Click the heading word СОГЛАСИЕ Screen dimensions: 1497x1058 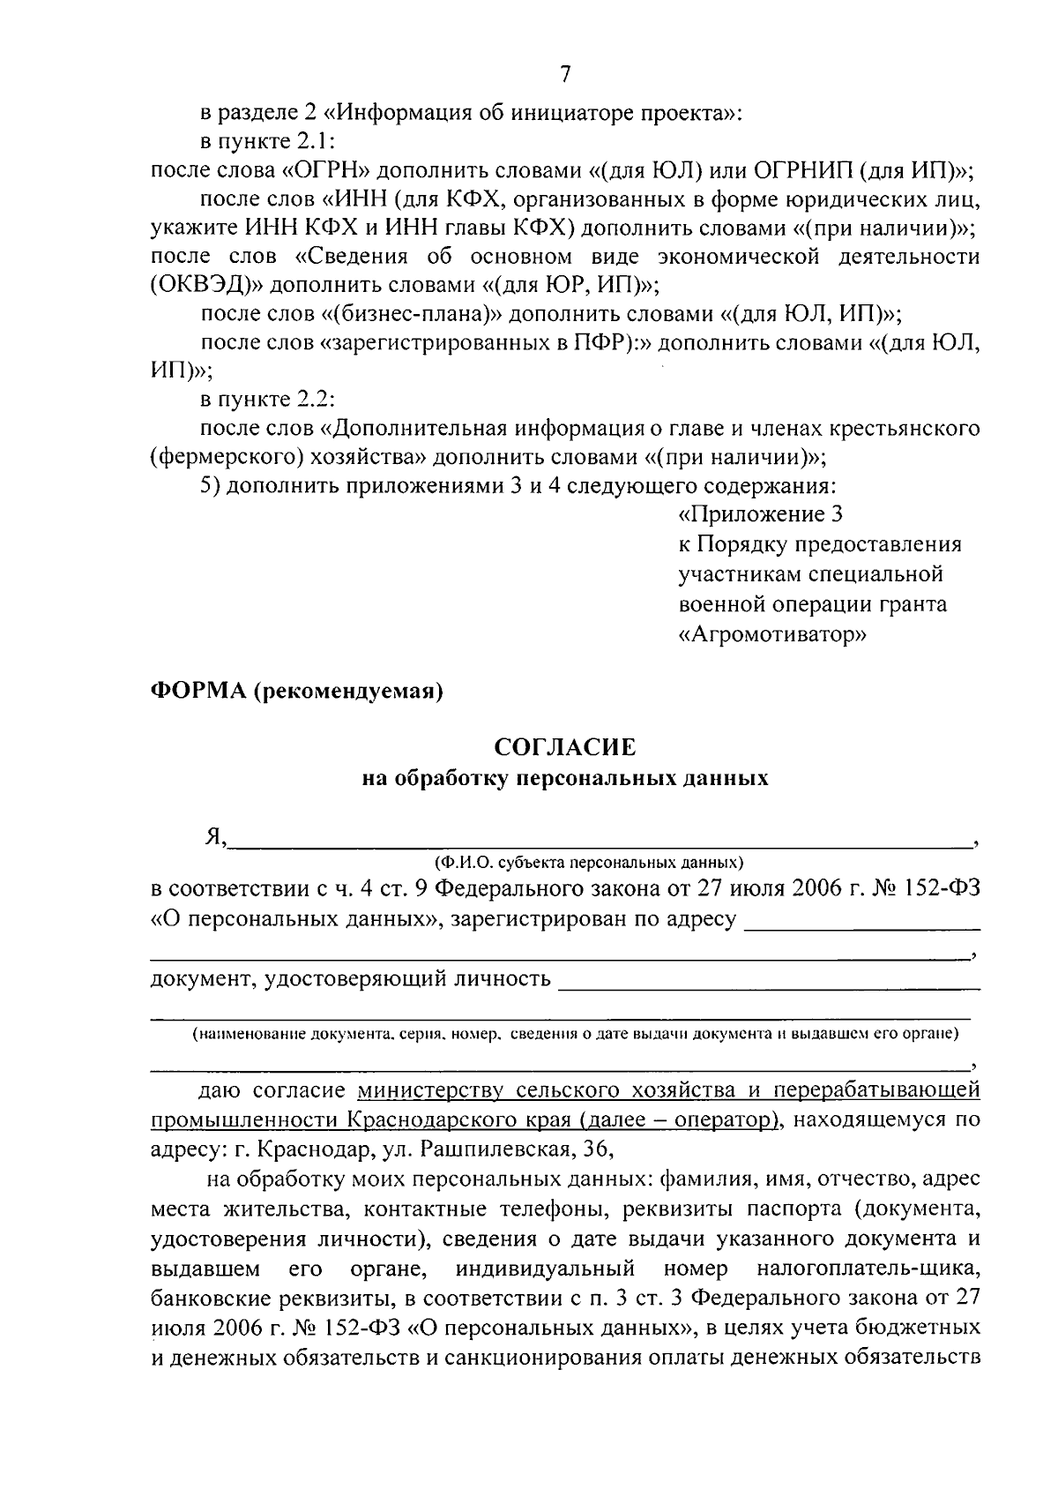(565, 747)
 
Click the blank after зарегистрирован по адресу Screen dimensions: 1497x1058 (861, 922)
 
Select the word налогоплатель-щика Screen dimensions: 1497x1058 (868, 1269)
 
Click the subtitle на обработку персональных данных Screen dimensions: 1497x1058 (565, 779)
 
